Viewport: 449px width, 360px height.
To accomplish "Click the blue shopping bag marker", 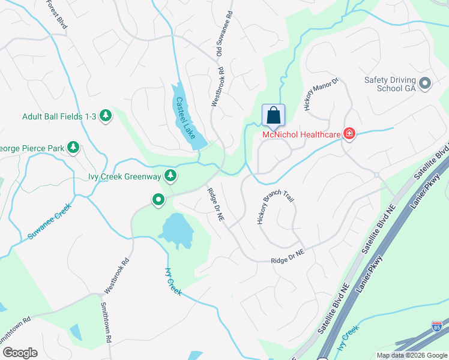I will [x=273, y=115].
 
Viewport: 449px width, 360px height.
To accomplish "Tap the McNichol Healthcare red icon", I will [x=349, y=134].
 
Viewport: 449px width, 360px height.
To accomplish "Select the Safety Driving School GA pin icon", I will [x=425, y=83].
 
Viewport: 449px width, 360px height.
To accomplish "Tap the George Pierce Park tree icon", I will [x=73, y=147].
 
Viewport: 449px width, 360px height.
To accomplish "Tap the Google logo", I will [x=20, y=353].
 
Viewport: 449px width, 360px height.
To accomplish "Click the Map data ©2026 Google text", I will [x=412, y=355].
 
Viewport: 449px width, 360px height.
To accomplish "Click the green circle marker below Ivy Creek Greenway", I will [x=158, y=199].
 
